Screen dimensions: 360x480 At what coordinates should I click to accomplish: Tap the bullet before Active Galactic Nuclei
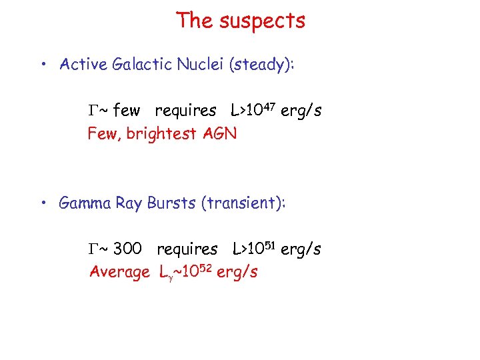point(42,65)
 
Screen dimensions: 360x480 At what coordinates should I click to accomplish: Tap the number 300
point(127,249)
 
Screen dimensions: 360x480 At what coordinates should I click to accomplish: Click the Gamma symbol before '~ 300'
point(93,249)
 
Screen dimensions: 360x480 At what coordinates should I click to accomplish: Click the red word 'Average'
point(120,272)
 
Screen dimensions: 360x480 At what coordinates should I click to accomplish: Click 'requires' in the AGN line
point(185,111)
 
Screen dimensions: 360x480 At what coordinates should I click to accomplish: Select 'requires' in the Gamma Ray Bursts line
point(187,249)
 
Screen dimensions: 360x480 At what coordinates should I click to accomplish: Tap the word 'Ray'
point(129,203)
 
